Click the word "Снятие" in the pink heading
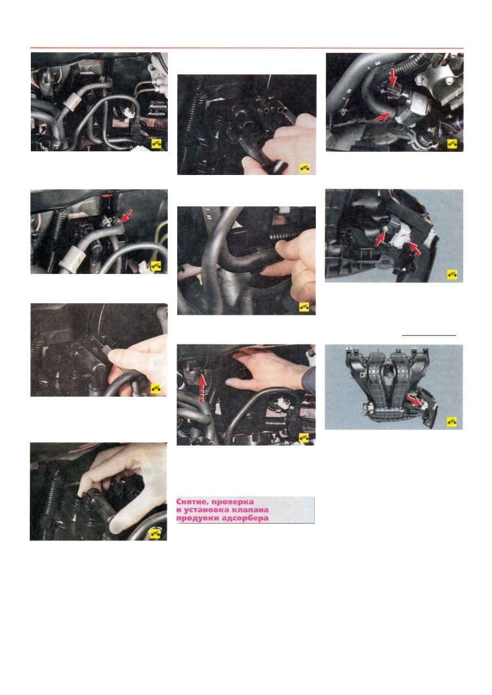(x=191, y=502)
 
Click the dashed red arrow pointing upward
(x=201, y=388)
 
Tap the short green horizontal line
(x=429, y=335)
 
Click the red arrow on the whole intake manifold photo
(x=414, y=400)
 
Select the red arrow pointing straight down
(x=393, y=78)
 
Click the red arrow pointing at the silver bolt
(x=380, y=239)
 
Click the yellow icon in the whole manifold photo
(x=452, y=422)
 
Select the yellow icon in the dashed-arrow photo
(x=304, y=438)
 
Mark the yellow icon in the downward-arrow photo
(x=452, y=144)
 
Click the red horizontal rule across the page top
(x=247, y=48)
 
